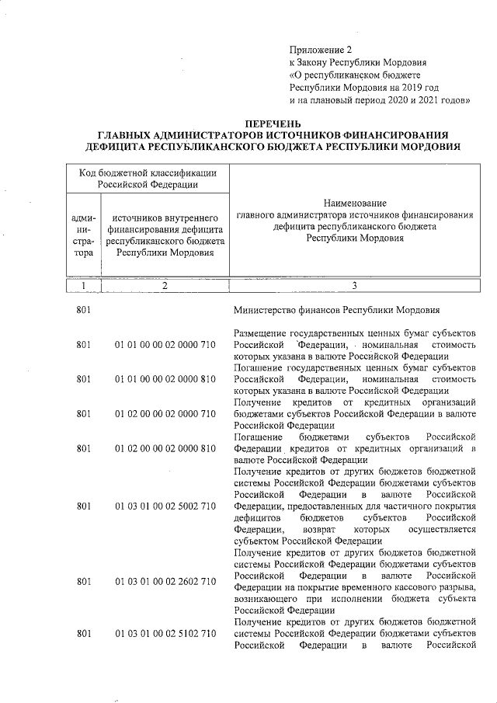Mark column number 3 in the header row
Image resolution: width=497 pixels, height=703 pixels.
coord(354,285)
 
